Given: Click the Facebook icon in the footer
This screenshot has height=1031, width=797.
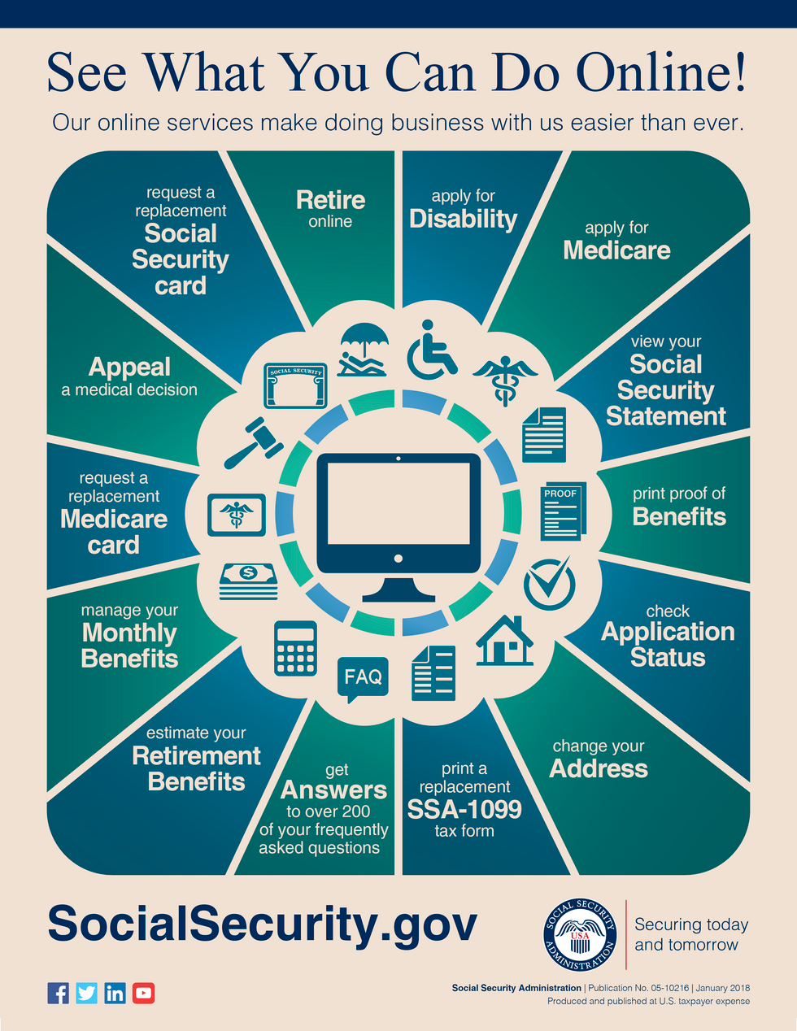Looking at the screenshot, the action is (59, 993).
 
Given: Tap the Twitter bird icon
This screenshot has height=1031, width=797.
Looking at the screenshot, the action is (87, 993).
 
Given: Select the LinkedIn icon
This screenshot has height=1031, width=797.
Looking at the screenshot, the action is (115, 993).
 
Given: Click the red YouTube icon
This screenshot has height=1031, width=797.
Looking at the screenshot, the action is (144, 993).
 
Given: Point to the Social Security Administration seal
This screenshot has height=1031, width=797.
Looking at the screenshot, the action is (580, 935).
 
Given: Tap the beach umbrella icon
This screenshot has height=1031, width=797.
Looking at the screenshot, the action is (363, 350).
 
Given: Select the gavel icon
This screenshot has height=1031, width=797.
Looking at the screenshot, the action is (254, 442).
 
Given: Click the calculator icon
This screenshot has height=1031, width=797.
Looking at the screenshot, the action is (295, 648).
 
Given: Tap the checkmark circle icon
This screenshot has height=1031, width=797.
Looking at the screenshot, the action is (550, 583).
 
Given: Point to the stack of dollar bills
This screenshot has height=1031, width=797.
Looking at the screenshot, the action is (248, 581).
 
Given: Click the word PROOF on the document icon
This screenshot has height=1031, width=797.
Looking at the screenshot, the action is (560, 494).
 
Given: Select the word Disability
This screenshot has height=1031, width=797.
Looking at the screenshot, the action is (463, 220).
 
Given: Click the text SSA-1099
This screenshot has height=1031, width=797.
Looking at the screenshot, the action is (464, 809).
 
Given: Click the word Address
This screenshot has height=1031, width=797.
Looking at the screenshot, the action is (599, 768).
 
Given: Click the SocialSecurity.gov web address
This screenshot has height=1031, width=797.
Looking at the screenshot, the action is (263, 924).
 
